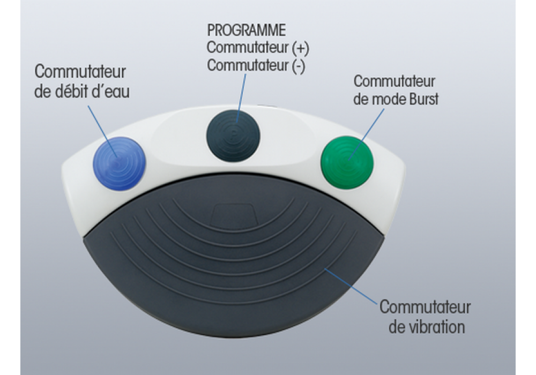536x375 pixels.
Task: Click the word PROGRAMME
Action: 246,30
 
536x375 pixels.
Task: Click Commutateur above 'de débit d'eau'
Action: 80,72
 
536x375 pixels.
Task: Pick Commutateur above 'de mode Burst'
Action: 394,81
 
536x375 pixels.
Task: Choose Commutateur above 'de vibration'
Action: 425,307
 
